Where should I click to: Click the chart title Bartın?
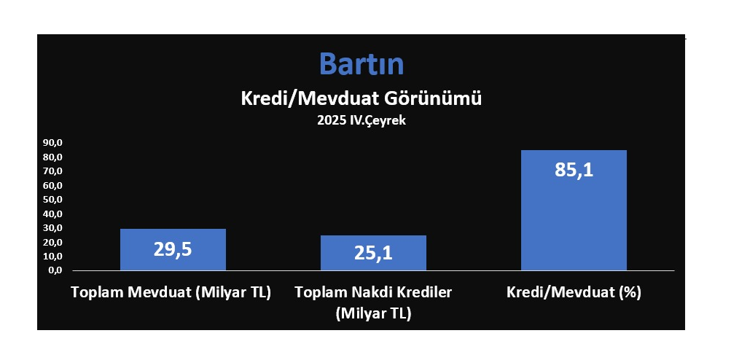point(361,64)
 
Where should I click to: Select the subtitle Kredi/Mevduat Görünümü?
point(361,99)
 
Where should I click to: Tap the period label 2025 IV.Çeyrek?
point(361,120)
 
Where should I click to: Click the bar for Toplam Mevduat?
point(173,249)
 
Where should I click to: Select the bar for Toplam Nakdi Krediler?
point(373,253)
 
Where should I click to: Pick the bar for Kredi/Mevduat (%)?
point(574,211)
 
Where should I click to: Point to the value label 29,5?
point(173,249)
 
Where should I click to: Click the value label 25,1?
point(373,253)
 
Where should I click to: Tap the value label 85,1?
point(574,170)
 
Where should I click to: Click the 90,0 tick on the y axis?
point(52,143)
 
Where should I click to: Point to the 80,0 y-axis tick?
point(52,157)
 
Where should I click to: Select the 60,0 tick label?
point(52,186)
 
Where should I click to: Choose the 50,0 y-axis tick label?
point(52,200)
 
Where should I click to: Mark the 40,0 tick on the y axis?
point(52,214)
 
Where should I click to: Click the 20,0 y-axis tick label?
point(52,243)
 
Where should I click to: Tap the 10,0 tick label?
point(52,257)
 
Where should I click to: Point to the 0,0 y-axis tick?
point(55,270)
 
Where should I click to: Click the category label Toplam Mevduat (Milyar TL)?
point(171,293)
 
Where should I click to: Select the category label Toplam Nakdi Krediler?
point(373,293)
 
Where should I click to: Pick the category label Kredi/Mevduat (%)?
point(574,293)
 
